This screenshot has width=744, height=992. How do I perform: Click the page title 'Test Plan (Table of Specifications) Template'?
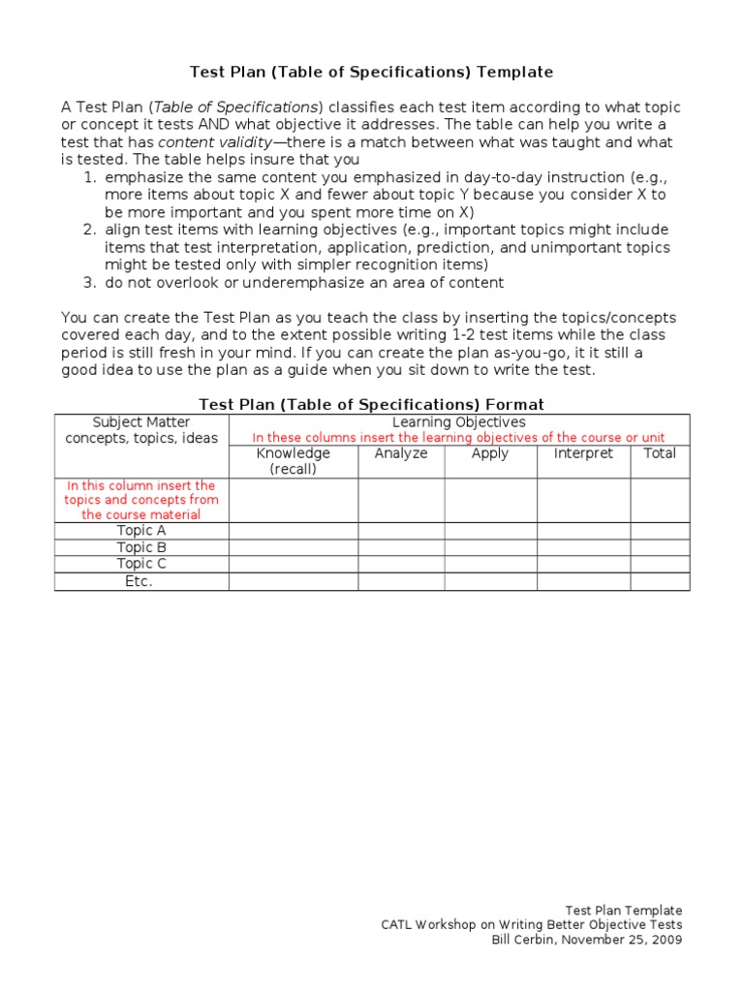371,72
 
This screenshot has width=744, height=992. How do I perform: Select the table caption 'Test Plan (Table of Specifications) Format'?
371,404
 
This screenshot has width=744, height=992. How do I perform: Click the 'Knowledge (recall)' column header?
293,461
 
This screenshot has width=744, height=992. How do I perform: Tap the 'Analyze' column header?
400,453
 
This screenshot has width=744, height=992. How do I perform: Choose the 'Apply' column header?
489,453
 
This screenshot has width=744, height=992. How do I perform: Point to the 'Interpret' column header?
583,453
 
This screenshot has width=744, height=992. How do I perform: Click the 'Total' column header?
660,453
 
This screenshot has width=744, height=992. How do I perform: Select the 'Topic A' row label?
141,531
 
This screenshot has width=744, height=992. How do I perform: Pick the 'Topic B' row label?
141,547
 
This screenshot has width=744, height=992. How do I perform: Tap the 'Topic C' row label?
141,564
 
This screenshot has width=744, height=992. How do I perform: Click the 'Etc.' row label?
141,581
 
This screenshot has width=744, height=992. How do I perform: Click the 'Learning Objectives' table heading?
458,422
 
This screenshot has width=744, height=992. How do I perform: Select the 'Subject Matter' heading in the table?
141,422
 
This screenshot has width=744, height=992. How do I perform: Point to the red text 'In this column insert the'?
141,485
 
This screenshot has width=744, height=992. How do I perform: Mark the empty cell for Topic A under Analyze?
400,531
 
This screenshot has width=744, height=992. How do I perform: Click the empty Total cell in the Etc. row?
660,581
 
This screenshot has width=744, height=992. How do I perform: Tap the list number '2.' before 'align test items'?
88,231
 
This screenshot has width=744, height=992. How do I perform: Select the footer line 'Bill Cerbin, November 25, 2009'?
587,940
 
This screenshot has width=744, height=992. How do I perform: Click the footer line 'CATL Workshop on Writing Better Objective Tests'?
531,925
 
